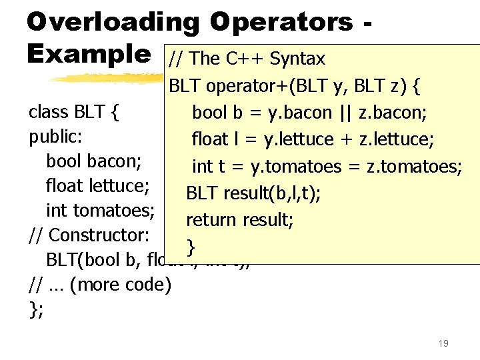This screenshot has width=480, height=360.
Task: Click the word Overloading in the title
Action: (x=113, y=21)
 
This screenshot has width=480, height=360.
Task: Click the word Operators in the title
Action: (x=281, y=21)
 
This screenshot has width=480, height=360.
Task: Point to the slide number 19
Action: (x=443, y=343)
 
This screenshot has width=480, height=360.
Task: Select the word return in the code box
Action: (x=209, y=219)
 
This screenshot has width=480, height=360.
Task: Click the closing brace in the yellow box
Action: (x=191, y=247)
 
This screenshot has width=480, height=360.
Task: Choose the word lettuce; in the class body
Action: (x=119, y=185)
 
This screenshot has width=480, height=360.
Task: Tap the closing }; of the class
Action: (x=36, y=310)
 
